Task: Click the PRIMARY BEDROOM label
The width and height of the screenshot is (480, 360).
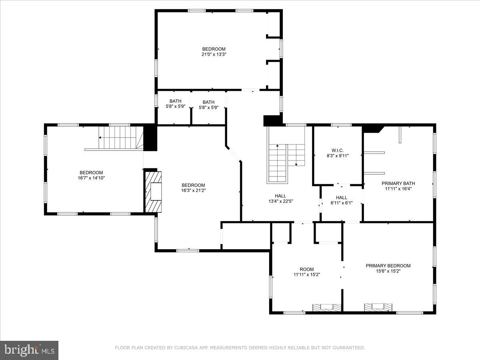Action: pyautogui.click(x=388, y=266)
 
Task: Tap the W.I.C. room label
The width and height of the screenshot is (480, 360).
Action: pyautogui.click(x=338, y=150)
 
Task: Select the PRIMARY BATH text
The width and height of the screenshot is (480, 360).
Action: pyautogui.click(x=398, y=183)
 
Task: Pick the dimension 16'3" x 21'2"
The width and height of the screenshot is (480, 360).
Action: pyautogui.click(x=193, y=190)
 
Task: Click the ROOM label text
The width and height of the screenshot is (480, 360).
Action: pyautogui.click(x=307, y=269)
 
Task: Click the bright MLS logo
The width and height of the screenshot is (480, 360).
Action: pyautogui.click(x=29, y=350)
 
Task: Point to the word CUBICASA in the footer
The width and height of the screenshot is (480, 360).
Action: pyautogui.click(x=186, y=348)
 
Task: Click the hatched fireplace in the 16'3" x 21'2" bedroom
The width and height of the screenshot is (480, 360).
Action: pyautogui.click(x=153, y=191)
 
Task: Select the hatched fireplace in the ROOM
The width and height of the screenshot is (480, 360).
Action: pyautogui.click(x=327, y=307)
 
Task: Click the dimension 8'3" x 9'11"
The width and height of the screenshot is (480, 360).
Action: pyautogui.click(x=338, y=156)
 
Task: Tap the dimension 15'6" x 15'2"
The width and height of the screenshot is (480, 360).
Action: pyautogui.click(x=388, y=271)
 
